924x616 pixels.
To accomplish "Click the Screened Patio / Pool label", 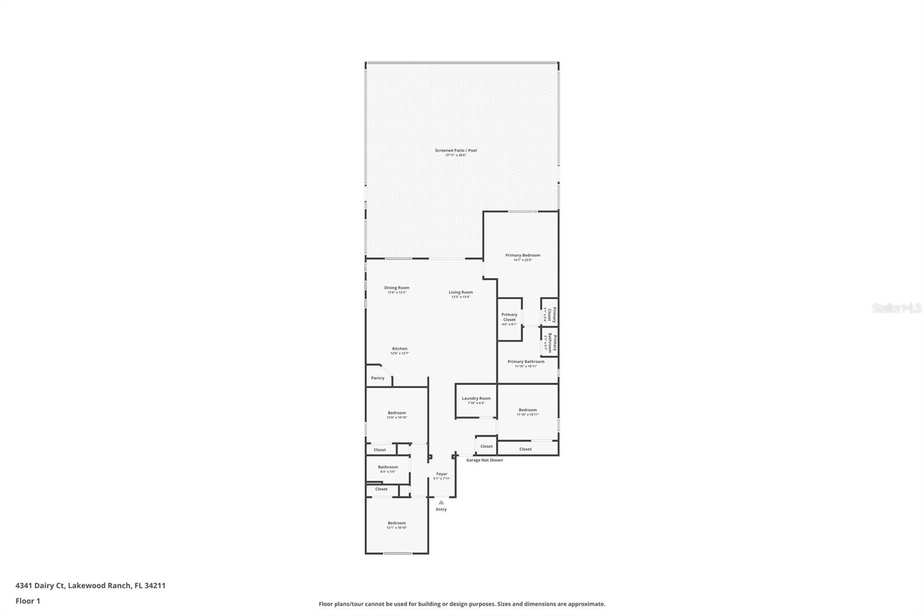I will click(456, 153).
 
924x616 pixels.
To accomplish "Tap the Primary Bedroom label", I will click(523, 257).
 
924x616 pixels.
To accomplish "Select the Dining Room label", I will click(397, 290).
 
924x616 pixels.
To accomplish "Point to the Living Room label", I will click(461, 294).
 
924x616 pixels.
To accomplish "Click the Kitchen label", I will click(400, 350).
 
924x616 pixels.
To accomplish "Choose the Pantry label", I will click(378, 378).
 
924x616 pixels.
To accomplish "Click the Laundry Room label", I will click(476, 400).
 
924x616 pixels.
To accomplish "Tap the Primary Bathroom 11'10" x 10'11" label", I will click(526, 363).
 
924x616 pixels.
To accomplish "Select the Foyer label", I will click(442, 476).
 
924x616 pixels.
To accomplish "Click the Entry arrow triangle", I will click(441, 502).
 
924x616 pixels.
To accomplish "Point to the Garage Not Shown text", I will click(485, 460).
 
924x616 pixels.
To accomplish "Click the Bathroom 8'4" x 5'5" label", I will click(388, 469).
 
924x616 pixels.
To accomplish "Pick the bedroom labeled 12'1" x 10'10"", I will click(397, 525).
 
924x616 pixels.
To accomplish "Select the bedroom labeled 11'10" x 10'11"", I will click(527, 412).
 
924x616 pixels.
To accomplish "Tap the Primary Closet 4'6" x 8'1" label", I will click(509, 319).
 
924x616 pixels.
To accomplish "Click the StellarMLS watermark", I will click(896, 308).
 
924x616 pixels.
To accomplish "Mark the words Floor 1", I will click(28, 601).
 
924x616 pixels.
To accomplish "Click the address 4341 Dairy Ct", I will click(90, 585).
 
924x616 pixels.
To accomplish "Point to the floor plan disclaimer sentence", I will click(462, 604).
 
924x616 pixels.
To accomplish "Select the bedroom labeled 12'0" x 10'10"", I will click(397, 415).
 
